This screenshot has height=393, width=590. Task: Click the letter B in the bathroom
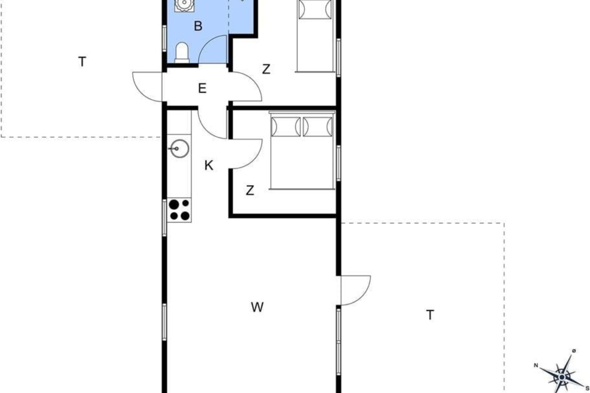coord(198,26)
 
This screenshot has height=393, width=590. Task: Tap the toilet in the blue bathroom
coord(182,53)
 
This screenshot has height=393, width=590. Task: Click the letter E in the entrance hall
coord(202,88)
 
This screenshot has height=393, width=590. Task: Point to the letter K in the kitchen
coord(209,166)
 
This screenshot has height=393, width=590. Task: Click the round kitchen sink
coord(179,149)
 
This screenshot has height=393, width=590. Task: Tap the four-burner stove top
coord(179,210)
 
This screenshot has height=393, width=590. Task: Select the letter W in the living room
coord(257,307)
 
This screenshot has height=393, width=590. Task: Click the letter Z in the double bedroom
coord(250,190)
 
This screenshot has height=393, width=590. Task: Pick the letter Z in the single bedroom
coord(266,69)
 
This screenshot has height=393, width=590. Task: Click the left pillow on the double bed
coord(286,127)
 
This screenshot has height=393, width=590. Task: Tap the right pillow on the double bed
coord(318,127)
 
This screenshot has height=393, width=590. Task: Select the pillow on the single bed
coord(315,9)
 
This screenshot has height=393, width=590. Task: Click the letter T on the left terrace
coord(82,62)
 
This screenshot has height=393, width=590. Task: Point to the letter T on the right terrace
coord(430,315)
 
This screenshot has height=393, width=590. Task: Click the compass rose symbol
coord(562,377)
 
